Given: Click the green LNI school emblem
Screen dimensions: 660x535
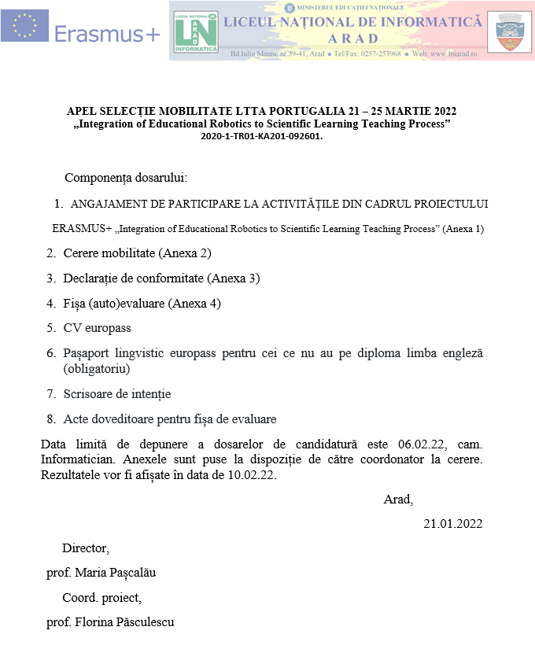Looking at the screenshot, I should pos(196,32).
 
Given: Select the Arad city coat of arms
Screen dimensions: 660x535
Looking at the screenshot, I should pos(509,32).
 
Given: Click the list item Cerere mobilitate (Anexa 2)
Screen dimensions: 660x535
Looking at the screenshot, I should pos(137,253).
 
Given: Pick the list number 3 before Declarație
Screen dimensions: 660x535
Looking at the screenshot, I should pos(50,278).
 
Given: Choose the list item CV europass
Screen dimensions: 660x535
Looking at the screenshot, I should pos(97,328).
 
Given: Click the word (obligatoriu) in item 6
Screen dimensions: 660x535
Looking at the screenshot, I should pos(97,368).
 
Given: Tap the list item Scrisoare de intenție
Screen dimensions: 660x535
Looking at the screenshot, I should pos(116,394).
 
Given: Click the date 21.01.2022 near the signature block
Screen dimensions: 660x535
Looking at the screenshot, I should pos(453,524).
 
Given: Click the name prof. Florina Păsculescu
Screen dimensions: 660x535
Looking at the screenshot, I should pos(110,622).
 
